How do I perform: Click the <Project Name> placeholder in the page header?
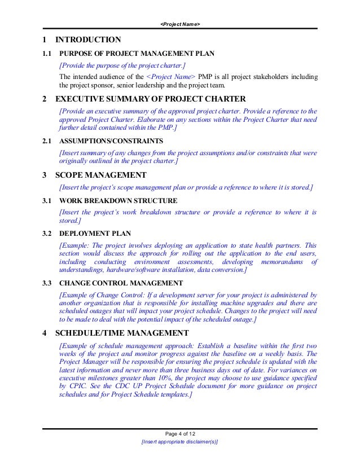(180, 24)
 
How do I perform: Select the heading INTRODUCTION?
(87, 39)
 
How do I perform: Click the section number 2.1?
(47, 142)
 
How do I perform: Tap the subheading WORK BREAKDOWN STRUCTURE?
(118, 201)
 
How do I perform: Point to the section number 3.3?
(47, 283)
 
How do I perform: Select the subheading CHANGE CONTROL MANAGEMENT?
(121, 283)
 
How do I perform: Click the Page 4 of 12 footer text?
(180, 433)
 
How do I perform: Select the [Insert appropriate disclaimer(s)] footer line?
(180, 442)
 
